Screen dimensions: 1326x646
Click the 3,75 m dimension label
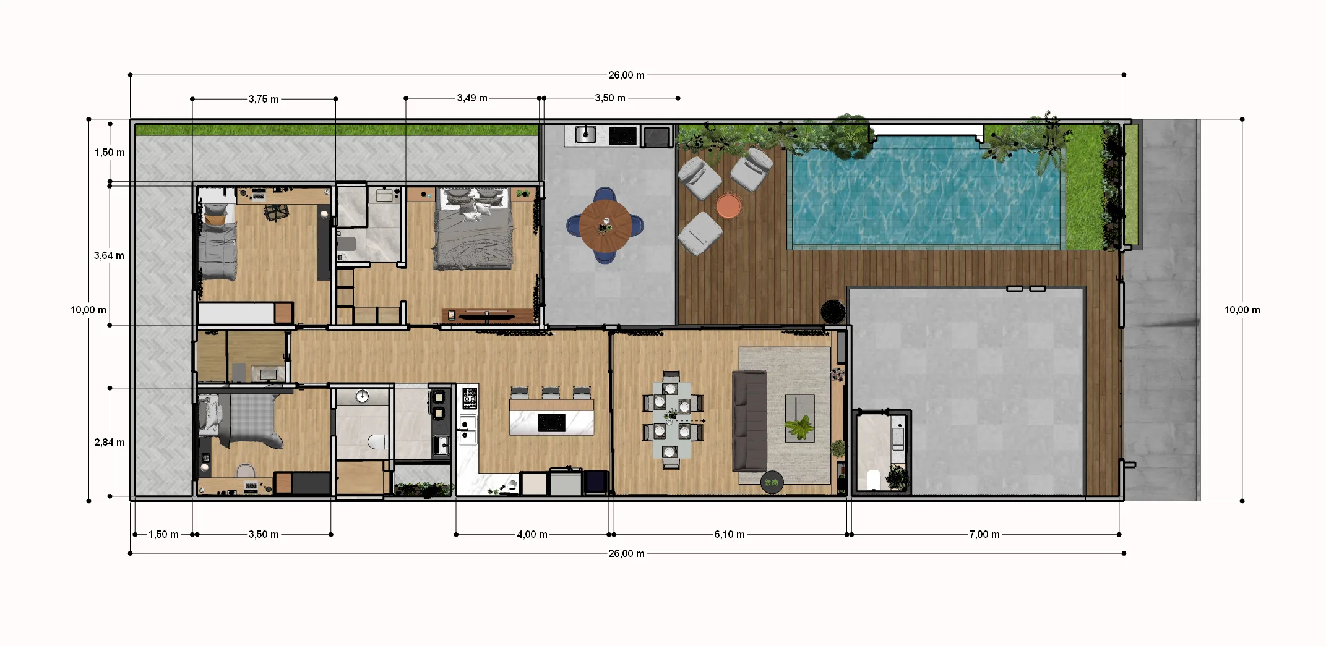click(264, 99)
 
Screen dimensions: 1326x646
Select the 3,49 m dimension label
click(472, 98)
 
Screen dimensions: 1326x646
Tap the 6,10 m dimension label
click(730, 534)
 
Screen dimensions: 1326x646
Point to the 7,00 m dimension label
click(984, 534)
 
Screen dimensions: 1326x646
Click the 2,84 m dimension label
click(110, 442)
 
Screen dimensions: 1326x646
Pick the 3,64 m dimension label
click(109, 255)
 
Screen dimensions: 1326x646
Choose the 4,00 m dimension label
click(532, 534)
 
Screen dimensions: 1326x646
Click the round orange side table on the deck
click(729, 206)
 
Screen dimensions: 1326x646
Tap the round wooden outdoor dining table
click(606, 226)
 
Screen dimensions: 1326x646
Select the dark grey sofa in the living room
click(749, 421)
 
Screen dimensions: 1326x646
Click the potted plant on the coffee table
click(799, 427)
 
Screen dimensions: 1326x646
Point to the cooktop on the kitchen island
click(551, 423)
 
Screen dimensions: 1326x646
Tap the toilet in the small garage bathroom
click(873, 480)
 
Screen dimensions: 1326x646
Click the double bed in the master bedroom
click(473, 229)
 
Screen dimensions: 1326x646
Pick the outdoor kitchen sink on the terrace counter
click(585, 134)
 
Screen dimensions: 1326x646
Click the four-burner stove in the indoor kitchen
click(470, 397)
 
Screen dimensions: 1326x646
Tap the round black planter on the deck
click(833, 312)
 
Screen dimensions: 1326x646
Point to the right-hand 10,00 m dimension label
click(1242, 310)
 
